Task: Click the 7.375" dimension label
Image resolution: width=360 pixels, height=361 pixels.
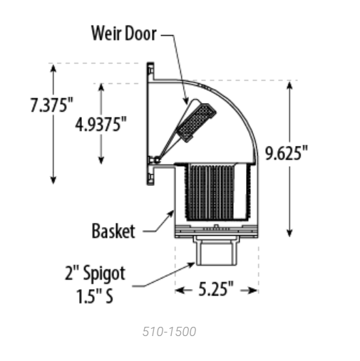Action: point(51,105)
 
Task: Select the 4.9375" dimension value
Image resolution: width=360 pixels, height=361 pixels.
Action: point(101,124)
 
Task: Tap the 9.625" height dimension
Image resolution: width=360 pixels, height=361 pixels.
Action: point(287,153)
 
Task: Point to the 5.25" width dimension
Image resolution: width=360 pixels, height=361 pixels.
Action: point(216,289)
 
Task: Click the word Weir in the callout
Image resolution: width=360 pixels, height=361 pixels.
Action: point(106,33)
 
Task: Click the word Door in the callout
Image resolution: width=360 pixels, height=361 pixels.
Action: point(140,33)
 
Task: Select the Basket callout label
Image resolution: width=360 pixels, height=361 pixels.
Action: point(113,231)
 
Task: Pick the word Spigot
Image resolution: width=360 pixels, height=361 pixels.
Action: point(104,274)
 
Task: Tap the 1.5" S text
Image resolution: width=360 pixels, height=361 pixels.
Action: point(95,296)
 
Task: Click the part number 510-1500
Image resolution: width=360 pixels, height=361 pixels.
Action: point(169,332)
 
